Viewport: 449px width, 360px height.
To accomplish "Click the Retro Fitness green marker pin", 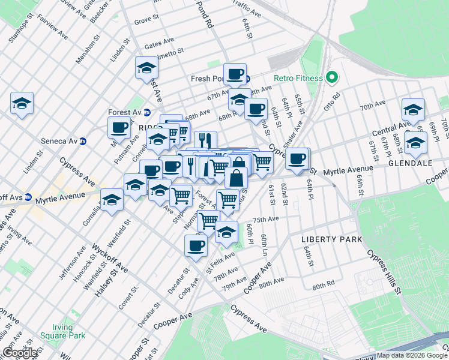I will coord(330,78).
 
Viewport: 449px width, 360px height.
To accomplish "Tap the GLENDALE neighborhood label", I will coord(406,163).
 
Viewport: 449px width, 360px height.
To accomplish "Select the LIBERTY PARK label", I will coord(331,239).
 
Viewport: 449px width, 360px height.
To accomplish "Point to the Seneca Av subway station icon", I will coord(83,142).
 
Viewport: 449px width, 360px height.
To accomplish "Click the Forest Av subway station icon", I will coord(146,112).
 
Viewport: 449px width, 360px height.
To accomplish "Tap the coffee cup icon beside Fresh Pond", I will coord(235,74).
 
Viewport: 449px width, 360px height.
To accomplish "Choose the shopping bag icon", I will coord(237,178).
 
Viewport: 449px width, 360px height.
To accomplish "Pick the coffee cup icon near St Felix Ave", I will coord(196,245).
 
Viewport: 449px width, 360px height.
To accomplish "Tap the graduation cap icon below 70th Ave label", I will coord(413,109).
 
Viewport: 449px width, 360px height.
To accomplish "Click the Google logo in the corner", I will coord(19,353).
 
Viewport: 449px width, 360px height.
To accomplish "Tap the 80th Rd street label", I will coord(326,287).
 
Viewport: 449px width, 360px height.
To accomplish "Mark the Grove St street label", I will coord(146,21).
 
